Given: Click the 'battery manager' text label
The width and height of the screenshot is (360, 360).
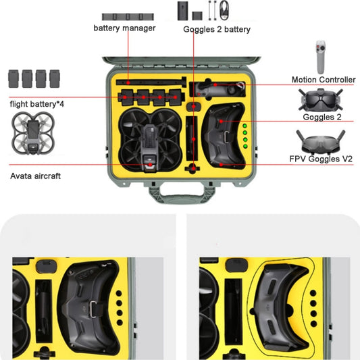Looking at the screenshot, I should (124, 28).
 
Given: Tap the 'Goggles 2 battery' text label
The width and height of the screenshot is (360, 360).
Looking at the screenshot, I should (216, 29).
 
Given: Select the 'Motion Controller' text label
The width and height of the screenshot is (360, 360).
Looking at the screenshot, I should (323, 80).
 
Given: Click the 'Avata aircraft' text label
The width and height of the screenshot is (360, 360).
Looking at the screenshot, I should (35, 176).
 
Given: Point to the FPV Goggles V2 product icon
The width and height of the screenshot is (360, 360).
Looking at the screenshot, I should (326, 142).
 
